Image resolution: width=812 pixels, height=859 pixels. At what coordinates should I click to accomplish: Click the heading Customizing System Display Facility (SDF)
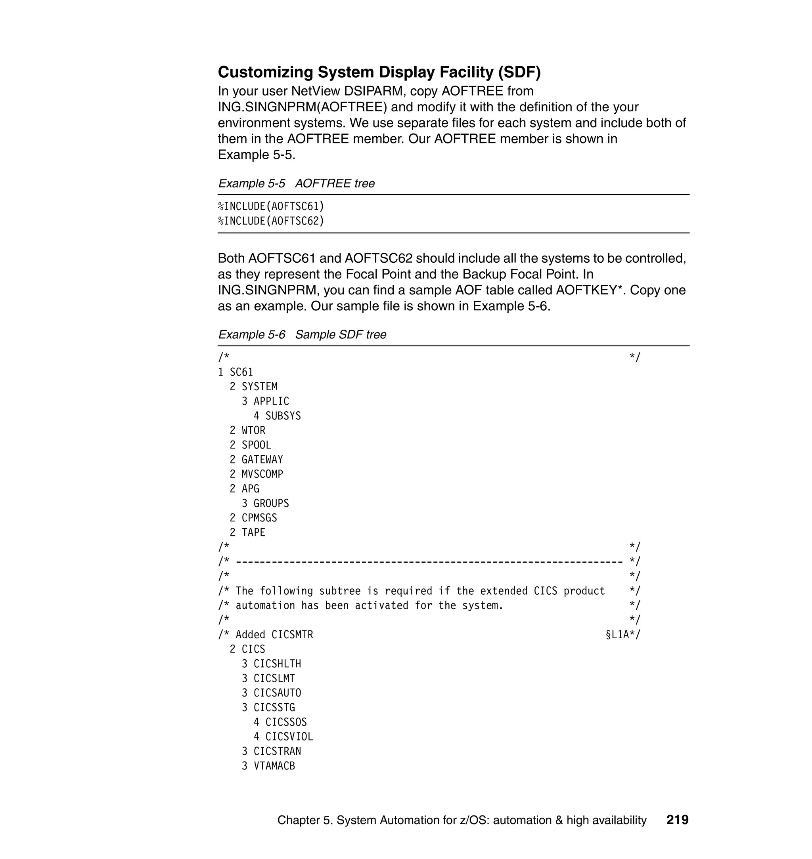379,72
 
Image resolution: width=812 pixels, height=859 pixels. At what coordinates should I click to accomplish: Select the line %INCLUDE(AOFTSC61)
271,206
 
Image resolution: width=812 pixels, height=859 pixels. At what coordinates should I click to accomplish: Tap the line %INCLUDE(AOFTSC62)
271,221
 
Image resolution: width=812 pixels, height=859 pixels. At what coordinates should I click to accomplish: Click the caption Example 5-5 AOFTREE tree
296,183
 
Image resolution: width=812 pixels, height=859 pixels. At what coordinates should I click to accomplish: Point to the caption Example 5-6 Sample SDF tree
302,334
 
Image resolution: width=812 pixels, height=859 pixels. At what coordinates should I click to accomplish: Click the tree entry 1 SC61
236,372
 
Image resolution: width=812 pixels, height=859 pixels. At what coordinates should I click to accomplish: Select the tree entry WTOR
253,430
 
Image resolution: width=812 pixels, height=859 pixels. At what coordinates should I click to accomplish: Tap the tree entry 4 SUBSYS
277,416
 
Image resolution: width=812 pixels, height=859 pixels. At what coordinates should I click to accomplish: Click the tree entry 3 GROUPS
265,503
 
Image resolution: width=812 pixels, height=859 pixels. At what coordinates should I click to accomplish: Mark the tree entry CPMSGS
259,518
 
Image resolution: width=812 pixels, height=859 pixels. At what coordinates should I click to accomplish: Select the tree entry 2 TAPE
247,533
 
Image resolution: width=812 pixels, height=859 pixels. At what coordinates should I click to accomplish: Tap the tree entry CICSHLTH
277,664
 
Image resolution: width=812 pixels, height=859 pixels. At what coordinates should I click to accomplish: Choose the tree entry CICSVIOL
289,737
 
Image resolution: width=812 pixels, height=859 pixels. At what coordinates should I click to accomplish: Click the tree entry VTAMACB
274,765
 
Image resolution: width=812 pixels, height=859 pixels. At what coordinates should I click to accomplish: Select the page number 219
677,820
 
